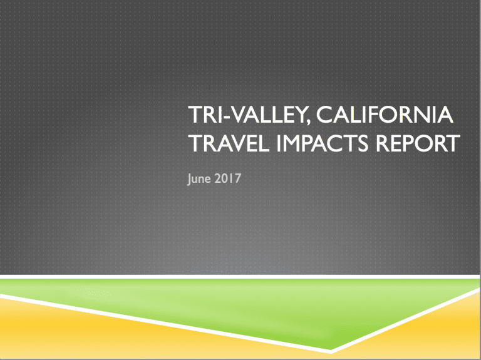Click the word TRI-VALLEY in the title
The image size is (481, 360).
(247, 115)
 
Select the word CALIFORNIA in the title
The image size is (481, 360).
(385, 115)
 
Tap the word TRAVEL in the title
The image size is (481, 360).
(229, 143)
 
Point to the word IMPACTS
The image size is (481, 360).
(322, 143)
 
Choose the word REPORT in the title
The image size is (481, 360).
(418, 143)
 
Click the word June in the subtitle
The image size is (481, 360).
(199, 179)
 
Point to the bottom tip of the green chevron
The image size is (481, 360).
(331, 349)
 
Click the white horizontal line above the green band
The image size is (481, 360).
(240, 277)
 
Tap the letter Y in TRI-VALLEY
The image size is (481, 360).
(299, 115)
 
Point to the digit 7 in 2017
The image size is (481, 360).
(237, 178)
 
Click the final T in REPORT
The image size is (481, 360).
(453, 143)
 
